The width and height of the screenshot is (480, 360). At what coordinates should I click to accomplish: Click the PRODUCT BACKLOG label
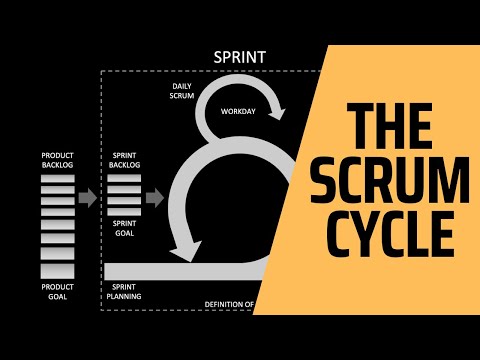58,161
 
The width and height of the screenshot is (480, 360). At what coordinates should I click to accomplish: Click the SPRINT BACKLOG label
124,161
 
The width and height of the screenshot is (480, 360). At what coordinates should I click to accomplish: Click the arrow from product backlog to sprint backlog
88,198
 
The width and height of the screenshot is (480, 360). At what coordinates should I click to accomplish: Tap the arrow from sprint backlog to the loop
154,198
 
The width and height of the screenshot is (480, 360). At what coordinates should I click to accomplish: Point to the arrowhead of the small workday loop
274,111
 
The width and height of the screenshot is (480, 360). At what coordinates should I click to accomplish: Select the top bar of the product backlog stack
58,177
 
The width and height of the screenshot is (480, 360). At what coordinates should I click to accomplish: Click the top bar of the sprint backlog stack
124,177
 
